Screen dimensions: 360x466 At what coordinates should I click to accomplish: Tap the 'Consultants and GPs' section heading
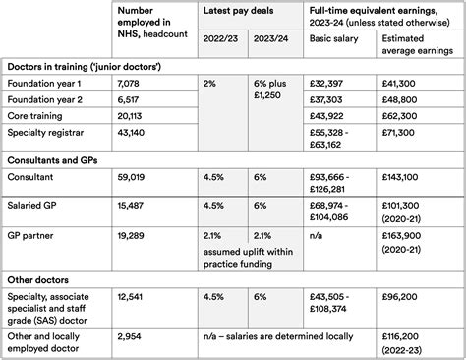coord(58,159)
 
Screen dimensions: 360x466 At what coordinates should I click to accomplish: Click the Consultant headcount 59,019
coord(132,177)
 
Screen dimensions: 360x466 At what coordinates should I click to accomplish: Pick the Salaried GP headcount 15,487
coord(132,205)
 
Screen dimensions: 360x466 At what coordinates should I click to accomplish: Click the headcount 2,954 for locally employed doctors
coord(129,335)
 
